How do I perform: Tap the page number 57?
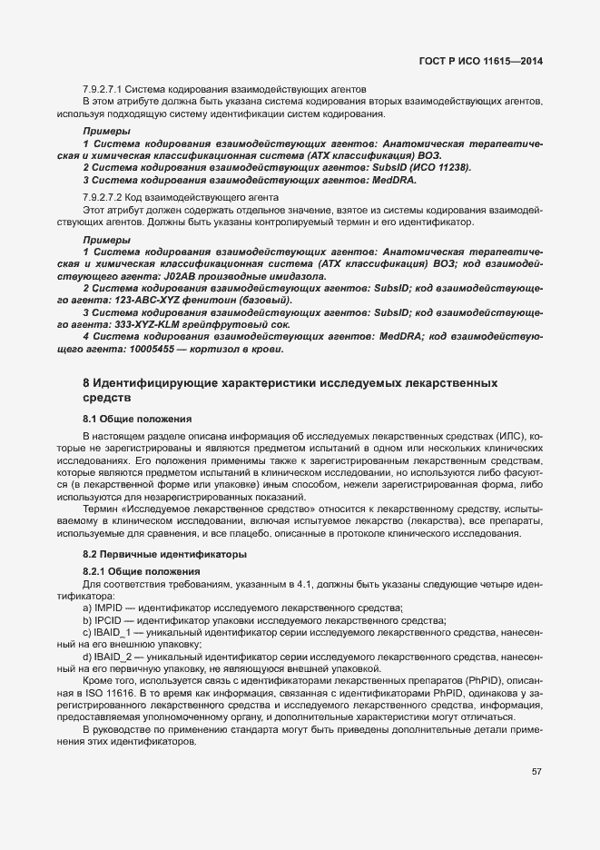(536, 772)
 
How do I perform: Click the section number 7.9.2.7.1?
(102, 89)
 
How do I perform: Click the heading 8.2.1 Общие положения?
(136, 569)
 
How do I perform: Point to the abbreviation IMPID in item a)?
(107, 607)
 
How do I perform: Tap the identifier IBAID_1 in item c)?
(113, 631)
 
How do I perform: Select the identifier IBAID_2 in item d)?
(113, 656)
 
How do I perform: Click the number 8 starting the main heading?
(86, 384)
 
